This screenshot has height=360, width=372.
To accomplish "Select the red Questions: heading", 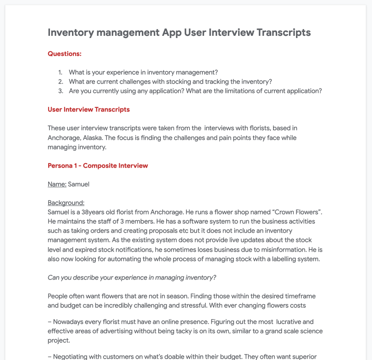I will click(65, 54).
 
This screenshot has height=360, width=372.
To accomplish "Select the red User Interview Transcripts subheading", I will click(89, 109).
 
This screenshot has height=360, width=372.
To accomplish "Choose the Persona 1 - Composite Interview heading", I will click(98, 166).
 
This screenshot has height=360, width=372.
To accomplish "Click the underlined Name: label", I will click(57, 184).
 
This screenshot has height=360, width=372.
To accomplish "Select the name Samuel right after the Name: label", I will click(79, 184).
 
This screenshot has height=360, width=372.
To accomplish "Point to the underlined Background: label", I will click(66, 203).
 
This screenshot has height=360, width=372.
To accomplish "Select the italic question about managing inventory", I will click(132, 277).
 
